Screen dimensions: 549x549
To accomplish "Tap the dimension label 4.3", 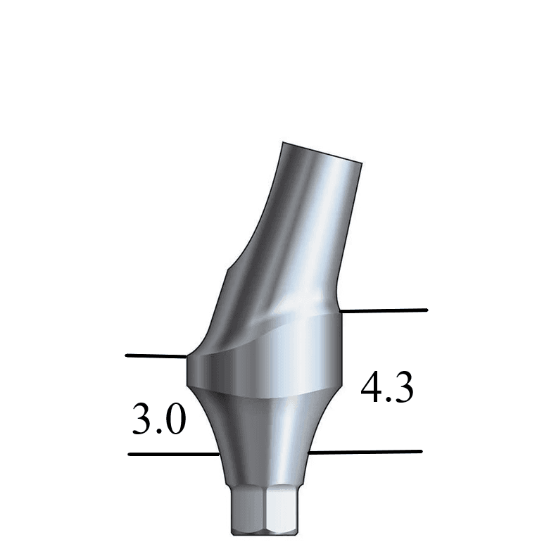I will click(387, 389).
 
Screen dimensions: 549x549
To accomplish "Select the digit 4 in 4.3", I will click(372, 389).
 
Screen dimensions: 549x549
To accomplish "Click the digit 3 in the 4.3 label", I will click(403, 389).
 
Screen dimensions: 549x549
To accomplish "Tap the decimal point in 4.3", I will click(388, 400).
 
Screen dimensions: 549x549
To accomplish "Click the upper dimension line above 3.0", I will click(156, 356).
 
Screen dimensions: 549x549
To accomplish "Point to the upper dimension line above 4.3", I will click(383, 310).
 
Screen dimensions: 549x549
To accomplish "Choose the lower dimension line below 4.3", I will click(366, 451).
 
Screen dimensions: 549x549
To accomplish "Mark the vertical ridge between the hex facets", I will click(264, 510).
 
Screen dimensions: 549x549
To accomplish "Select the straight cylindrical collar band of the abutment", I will click(265, 362).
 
